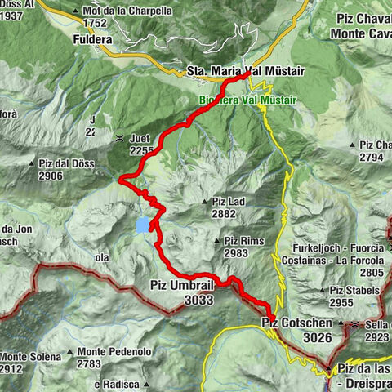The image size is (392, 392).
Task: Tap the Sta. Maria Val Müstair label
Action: tap(245, 72)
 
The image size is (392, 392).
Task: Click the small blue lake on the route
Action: tap(144, 224)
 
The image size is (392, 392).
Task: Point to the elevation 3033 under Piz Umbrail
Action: tap(198, 300)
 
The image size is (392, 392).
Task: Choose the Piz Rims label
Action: tap(243, 241)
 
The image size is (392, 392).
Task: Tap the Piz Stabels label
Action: tap(354, 290)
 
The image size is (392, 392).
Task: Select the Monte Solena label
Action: tap(31, 357)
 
